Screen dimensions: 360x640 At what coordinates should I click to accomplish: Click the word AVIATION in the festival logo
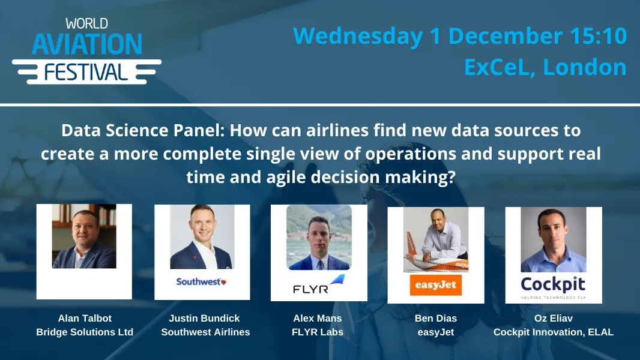click(x=86, y=44)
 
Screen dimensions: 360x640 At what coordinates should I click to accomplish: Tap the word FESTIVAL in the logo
click(x=86, y=73)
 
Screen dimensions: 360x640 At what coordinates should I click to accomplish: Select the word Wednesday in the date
click(x=357, y=36)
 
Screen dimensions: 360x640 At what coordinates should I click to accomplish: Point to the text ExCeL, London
click(x=545, y=67)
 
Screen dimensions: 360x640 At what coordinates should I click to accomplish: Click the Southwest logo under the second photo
click(x=202, y=281)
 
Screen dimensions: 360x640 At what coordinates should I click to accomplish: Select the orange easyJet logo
click(x=436, y=284)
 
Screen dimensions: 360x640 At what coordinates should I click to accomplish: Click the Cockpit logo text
click(x=553, y=284)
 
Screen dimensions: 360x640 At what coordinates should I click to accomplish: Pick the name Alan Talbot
click(x=85, y=318)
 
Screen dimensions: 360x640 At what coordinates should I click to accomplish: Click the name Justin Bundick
click(x=205, y=318)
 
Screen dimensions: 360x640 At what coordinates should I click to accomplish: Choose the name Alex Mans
click(x=318, y=318)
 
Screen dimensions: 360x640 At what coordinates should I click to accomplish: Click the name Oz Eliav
click(x=553, y=318)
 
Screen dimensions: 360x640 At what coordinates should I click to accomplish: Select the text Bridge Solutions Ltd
click(x=85, y=332)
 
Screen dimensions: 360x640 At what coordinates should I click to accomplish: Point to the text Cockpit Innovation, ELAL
click(x=553, y=332)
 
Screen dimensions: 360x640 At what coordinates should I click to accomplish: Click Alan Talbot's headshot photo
click(x=84, y=236)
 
